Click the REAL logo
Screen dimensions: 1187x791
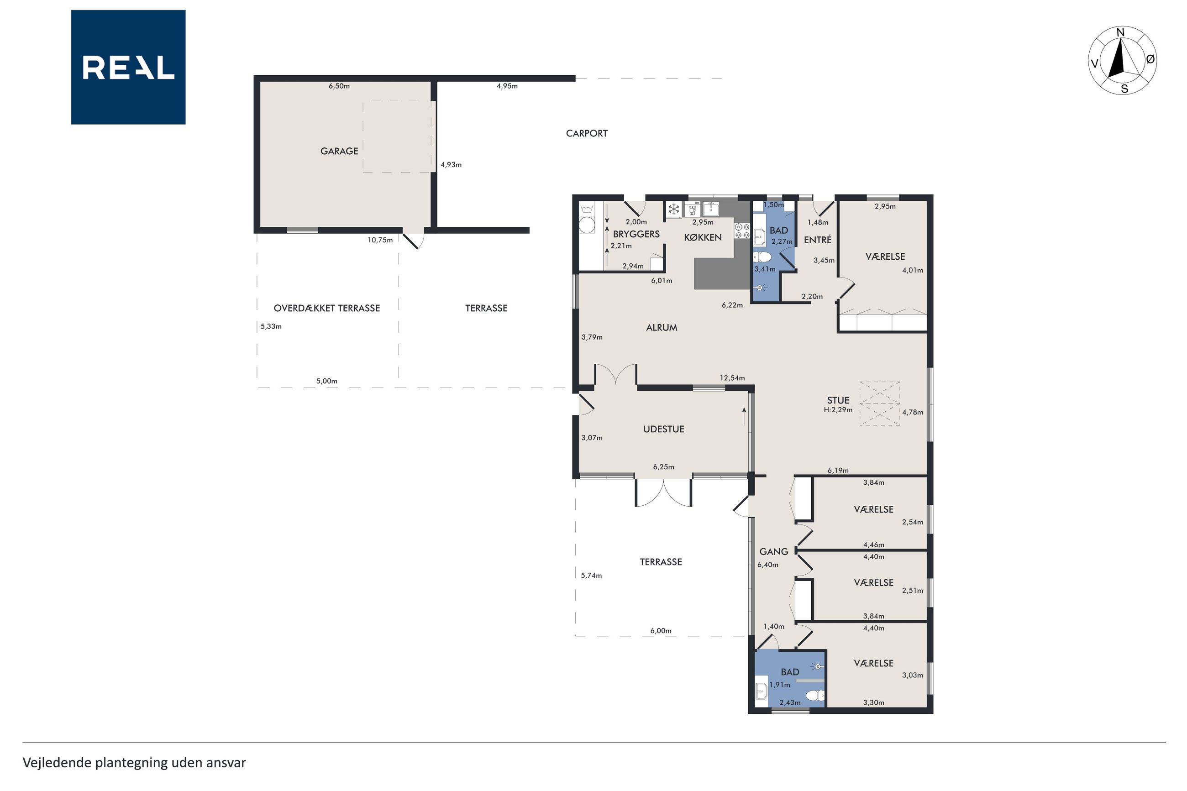pyautogui.click(x=128, y=67)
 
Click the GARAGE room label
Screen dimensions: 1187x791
pyautogui.click(x=339, y=151)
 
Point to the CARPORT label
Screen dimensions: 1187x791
pyautogui.click(x=586, y=133)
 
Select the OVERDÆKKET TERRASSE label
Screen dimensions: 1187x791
pyautogui.click(x=326, y=308)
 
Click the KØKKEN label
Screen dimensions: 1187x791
pyautogui.click(x=703, y=237)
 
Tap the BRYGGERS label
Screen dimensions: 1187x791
pyautogui.click(x=636, y=234)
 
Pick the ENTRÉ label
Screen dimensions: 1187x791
pyautogui.click(x=817, y=240)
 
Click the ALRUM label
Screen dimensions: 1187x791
pyautogui.click(x=662, y=327)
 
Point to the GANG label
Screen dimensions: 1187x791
pyautogui.click(x=773, y=551)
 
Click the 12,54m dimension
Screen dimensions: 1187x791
pyautogui.click(x=732, y=378)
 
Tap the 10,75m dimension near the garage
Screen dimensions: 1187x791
pyautogui.click(x=380, y=240)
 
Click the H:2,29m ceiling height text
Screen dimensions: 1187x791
pyautogui.click(x=838, y=409)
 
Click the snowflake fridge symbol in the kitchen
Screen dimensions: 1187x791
pyautogui.click(x=673, y=209)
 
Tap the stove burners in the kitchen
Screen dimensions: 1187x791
pyautogui.click(x=741, y=230)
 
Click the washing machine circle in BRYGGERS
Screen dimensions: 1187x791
pyautogui.click(x=587, y=225)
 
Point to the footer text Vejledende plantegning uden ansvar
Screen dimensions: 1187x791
pyautogui.click(x=134, y=763)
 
